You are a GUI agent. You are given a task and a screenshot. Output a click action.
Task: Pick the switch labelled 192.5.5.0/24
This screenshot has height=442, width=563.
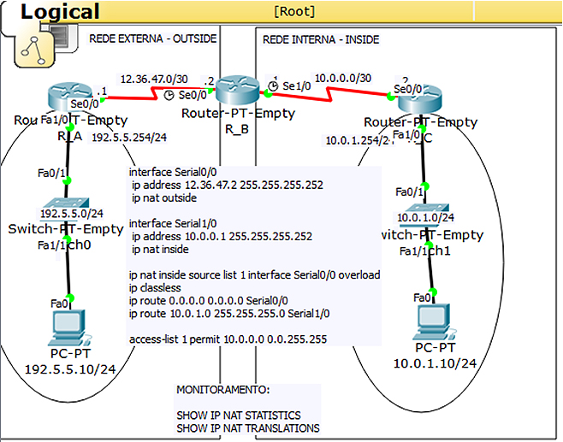point(66,212)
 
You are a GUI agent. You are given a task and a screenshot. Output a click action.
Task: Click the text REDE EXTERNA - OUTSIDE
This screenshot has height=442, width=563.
point(153,39)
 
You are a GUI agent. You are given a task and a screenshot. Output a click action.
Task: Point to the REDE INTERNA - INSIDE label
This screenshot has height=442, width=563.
point(321,39)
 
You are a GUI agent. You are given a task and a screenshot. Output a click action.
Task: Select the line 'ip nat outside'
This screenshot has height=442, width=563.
point(164,197)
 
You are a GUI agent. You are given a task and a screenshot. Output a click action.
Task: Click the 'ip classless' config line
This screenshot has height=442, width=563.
point(155,288)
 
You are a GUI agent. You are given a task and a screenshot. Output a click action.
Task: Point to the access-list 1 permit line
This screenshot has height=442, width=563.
point(228,339)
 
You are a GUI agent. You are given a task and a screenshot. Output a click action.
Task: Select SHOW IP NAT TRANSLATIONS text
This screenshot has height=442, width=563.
point(248,427)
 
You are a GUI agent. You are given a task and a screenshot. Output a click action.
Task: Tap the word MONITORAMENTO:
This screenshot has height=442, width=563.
point(222,389)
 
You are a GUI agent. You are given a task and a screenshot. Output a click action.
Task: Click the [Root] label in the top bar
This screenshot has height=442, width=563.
point(294,11)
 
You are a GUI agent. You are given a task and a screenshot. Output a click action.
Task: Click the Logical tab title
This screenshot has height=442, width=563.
point(60,11)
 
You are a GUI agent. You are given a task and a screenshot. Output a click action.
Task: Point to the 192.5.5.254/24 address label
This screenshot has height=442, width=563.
point(128,136)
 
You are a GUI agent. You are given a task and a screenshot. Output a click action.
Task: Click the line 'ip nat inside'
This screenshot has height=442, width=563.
point(160,250)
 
